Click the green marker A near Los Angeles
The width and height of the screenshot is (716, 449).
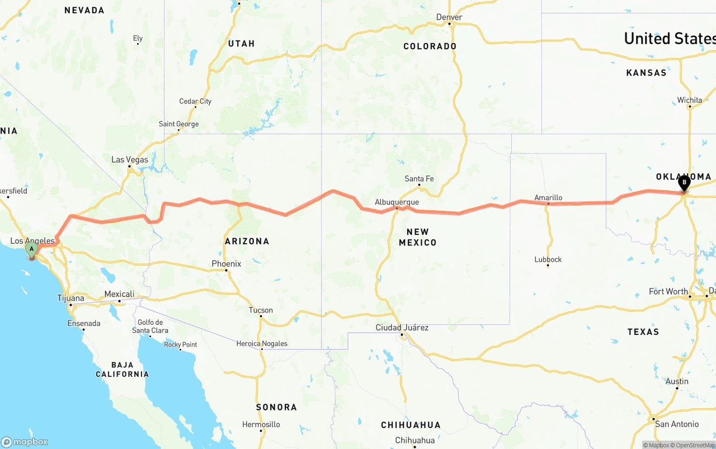coord(32,249)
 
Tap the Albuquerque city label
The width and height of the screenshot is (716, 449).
coord(397,202)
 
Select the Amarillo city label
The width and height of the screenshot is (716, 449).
coord(548,197)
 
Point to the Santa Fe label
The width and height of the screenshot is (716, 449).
coord(419,179)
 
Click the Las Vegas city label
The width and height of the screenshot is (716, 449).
coord(130,159)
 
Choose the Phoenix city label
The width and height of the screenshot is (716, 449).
coord(226,263)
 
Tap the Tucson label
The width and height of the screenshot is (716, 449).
coord(261,310)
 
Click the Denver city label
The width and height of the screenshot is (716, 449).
coord(449,17)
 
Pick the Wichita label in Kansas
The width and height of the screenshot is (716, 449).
coord(689,100)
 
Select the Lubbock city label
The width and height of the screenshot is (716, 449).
coord(548,259)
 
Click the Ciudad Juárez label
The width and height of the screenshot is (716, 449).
coord(402,327)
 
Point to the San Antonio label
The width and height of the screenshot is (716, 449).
coord(677,424)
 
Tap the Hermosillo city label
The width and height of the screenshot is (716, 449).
coord(261,424)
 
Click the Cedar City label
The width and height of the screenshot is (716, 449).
coord(195,101)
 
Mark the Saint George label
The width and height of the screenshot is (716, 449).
coord(178,124)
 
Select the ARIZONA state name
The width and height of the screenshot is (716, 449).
coord(247,242)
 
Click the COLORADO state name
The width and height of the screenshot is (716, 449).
coord(430,46)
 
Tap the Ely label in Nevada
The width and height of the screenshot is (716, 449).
coord(138,39)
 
